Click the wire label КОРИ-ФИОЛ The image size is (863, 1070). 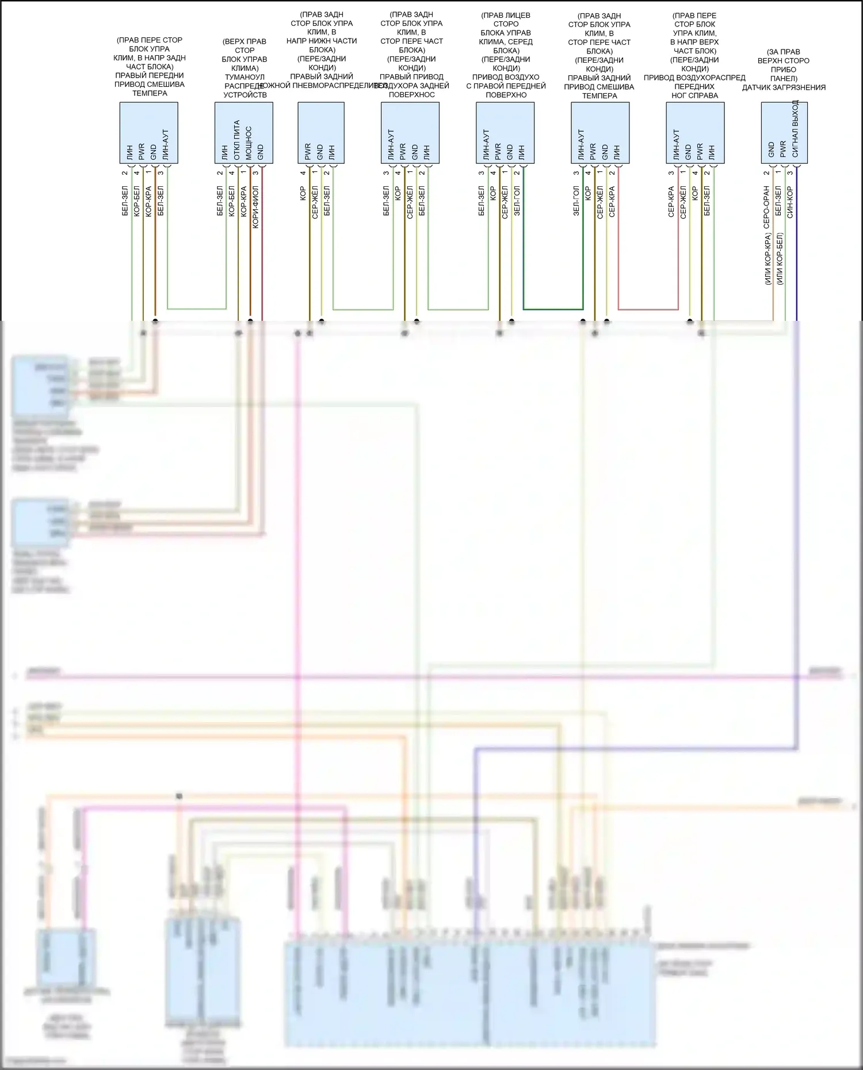click(256, 207)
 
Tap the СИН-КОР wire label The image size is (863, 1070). click(791, 202)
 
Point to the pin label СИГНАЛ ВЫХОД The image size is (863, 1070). click(796, 129)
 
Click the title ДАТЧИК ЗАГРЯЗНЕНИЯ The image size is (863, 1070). click(784, 87)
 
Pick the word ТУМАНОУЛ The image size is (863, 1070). click(245, 77)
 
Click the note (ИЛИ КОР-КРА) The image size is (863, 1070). click(767, 259)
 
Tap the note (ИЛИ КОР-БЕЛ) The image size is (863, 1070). click(780, 259)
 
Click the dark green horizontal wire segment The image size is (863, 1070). click(553, 309)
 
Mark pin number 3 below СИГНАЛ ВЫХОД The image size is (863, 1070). click(791, 173)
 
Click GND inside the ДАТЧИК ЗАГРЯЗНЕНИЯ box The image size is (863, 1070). click(772, 150)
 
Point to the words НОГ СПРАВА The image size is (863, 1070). click(694, 95)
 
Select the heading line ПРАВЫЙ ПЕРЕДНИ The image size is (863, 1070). click(150, 75)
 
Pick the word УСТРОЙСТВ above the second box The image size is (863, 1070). click(245, 95)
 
